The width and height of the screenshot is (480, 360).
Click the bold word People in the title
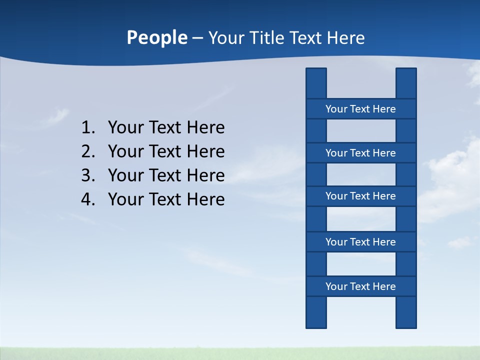click(x=156, y=38)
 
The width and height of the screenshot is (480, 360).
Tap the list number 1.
click(x=87, y=128)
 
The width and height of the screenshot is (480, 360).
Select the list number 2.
click(x=87, y=151)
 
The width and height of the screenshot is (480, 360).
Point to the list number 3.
click(x=87, y=175)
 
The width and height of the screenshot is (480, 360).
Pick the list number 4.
click(x=87, y=199)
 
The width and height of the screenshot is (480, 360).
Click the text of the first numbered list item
click(x=166, y=128)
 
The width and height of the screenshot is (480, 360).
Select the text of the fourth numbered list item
click(x=166, y=199)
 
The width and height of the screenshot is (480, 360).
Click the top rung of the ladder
click(x=360, y=109)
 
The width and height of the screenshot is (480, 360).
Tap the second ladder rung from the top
click(x=360, y=153)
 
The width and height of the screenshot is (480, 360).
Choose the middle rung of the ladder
click(x=360, y=196)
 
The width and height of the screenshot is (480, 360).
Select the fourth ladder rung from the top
click(x=360, y=242)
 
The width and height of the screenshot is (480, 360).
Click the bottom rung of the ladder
click(x=360, y=286)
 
